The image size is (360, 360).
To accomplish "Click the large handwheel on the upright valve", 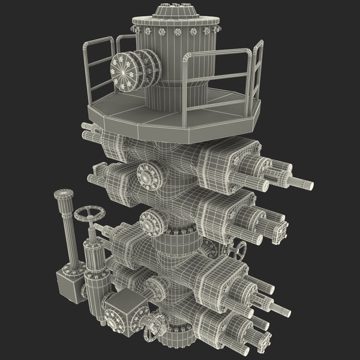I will click(90, 214).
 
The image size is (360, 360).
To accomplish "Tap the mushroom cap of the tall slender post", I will click(63, 194).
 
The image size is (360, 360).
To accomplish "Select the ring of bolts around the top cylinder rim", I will click(174, 30).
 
